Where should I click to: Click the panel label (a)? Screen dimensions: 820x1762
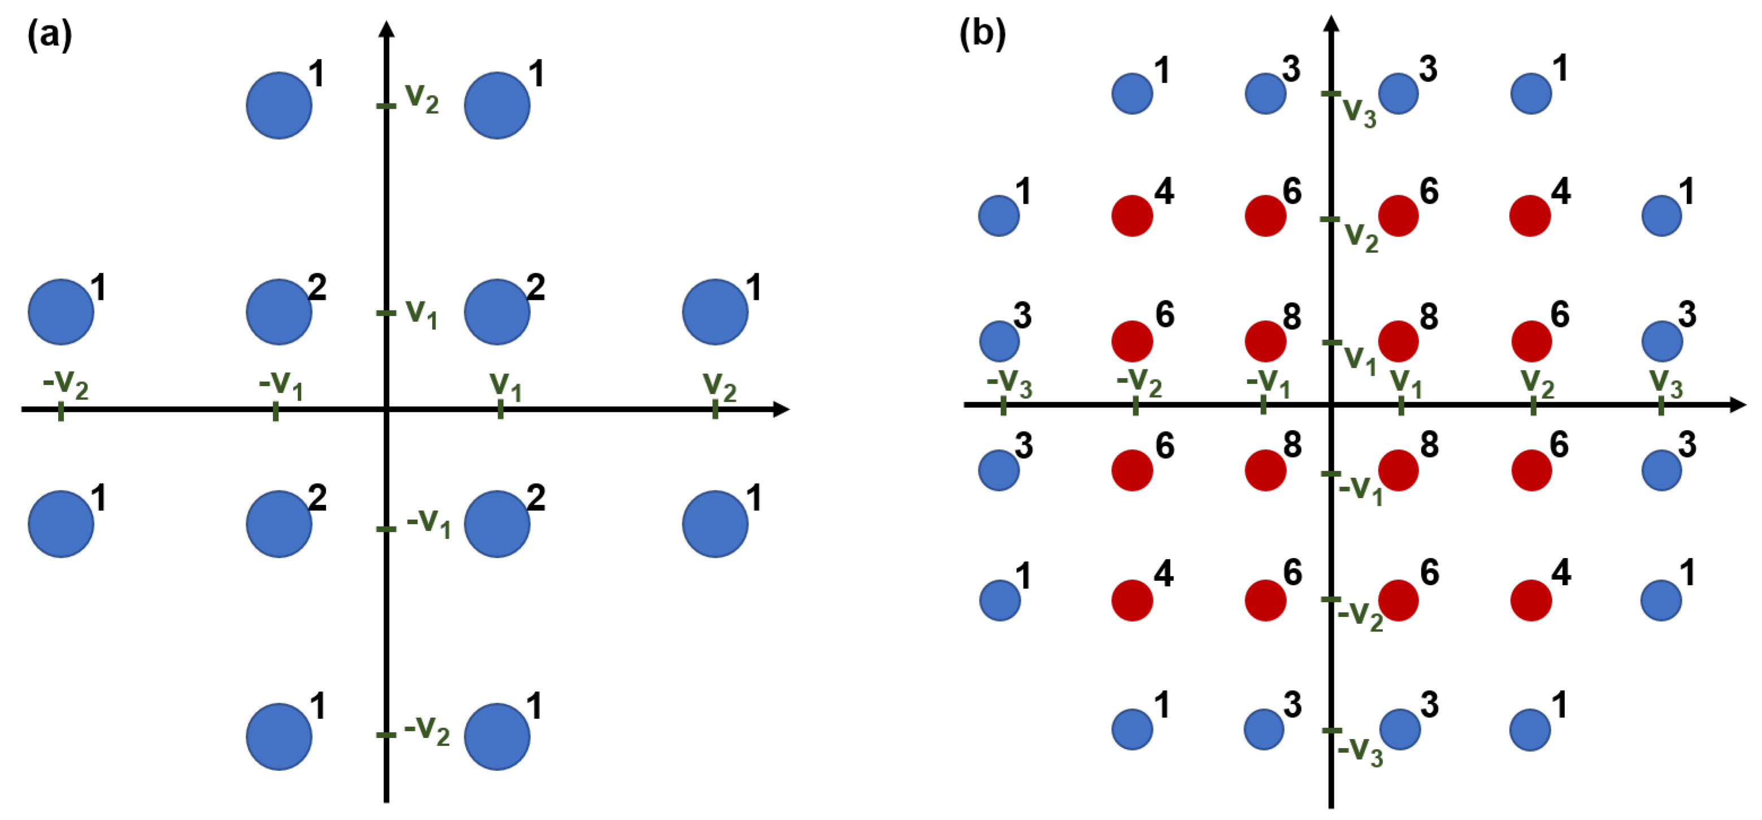pos(49,34)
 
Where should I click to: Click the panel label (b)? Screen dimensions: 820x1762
pos(982,33)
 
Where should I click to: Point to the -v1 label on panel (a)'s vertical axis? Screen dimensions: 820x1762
pos(428,523)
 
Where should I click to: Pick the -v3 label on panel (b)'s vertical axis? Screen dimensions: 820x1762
pos(1360,752)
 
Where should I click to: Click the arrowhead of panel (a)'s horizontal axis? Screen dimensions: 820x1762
pos(781,409)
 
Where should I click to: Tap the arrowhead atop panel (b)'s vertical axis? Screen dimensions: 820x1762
pos(1331,23)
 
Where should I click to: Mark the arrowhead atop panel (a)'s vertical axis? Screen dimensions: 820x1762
pos(386,29)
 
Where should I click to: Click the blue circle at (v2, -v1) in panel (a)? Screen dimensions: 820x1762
pos(715,524)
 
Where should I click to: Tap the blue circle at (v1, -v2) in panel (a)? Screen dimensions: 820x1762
pos(497,736)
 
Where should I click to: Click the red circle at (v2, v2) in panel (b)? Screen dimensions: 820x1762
pos(1530,215)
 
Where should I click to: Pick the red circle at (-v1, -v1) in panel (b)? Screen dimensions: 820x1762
pos(1265,471)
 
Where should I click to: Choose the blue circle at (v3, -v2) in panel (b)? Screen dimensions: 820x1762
pos(1661,600)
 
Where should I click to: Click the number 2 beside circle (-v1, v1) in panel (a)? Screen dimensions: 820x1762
pos(317,287)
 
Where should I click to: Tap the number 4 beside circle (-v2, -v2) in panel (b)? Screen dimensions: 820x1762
pos(1164,573)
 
